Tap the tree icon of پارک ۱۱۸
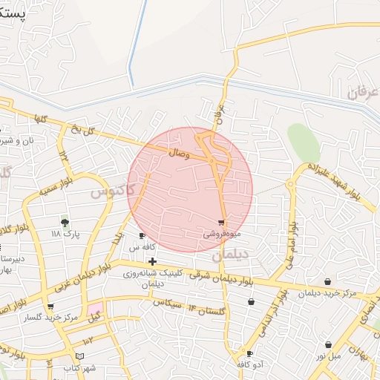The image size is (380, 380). pos(65,221)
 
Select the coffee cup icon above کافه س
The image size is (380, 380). pos(142,236)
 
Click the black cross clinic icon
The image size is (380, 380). pos(152,261)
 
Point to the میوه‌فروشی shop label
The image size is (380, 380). pos(221,233)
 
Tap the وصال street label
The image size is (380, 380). pos(178,154)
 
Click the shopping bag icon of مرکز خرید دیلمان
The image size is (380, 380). pos(328,282)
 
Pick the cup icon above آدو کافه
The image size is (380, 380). pos(249,354)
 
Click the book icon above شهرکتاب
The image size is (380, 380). pos(79,358)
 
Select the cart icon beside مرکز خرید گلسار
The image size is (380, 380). pos(50,306)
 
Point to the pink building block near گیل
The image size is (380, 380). pos(95,308)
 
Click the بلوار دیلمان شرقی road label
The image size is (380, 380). pos(220,278)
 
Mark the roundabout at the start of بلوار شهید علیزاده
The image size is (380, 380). pos(295,183)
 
